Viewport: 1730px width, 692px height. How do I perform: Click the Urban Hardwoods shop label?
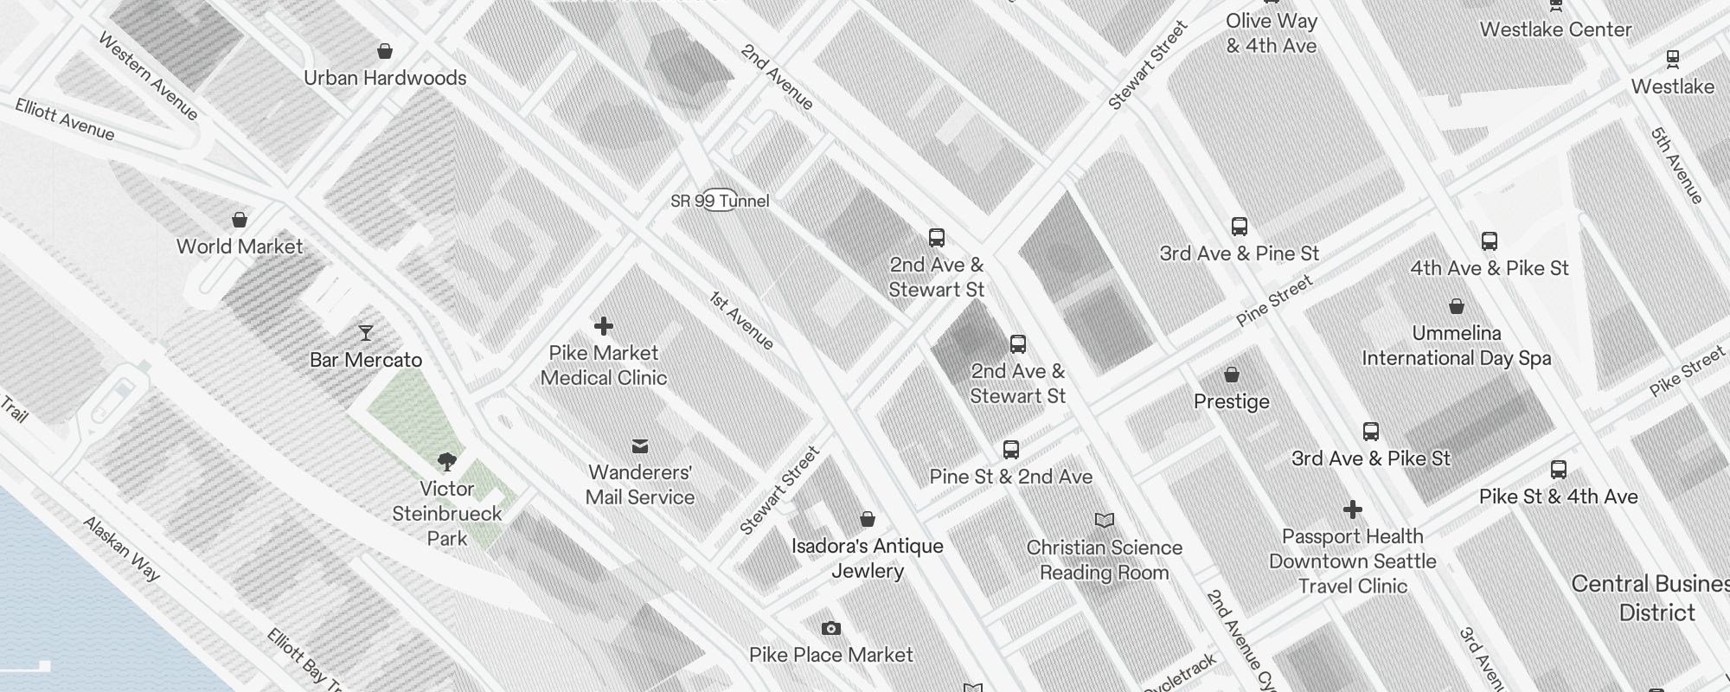tap(385, 78)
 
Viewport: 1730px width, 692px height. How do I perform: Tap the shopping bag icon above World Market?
tap(240, 220)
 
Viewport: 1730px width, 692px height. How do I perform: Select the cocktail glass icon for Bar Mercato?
tap(366, 333)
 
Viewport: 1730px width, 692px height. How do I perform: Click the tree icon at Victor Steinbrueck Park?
tap(447, 462)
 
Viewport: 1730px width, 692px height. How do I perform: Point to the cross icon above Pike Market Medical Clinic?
tap(604, 326)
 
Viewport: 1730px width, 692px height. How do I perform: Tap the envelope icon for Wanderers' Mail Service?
tap(640, 446)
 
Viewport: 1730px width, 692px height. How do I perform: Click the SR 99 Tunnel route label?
tap(720, 201)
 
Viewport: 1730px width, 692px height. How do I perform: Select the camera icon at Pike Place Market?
tap(831, 628)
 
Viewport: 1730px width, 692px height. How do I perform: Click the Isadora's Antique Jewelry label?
tap(868, 558)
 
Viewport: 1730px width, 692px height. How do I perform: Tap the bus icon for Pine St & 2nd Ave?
tap(1011, 450)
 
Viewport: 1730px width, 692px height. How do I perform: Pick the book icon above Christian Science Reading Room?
tap(1105, 520)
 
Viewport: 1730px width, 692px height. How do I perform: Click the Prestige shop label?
tap(1232, 401)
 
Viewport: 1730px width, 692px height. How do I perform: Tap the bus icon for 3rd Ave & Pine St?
tap(1240, 227)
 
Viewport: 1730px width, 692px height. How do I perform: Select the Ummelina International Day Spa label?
tap(1457, 345)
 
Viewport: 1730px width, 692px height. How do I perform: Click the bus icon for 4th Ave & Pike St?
tap(1490, 241)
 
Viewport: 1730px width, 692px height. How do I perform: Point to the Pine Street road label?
tap(1274, 301)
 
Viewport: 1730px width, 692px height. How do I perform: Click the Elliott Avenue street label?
tap(65, 119)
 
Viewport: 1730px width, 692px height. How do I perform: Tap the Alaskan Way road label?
tap(122, 548)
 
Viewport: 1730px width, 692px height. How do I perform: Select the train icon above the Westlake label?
tap(1673, 60)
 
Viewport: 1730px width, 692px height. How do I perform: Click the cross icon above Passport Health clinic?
tap(1353, 509)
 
